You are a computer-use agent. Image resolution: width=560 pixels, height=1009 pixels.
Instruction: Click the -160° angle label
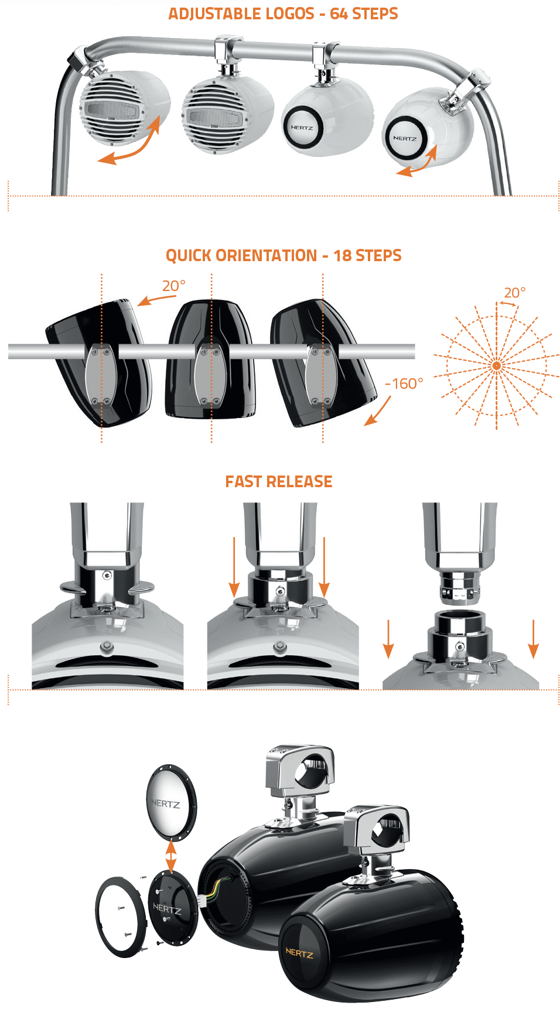[x=404, y=384]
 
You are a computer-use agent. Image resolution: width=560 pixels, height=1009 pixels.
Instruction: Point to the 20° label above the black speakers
[x=173, y=286]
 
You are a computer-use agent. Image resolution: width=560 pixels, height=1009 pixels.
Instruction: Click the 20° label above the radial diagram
[x=514, y=292]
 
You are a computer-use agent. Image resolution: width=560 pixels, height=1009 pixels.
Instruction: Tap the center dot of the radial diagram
[x=497, y=366]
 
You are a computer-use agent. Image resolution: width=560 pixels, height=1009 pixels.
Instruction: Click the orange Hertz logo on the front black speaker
[x=299, y=953]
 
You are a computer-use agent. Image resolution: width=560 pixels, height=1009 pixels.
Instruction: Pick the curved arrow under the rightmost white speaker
[x=417, y=162]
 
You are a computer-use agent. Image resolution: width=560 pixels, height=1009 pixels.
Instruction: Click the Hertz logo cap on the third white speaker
[x=302, y=127]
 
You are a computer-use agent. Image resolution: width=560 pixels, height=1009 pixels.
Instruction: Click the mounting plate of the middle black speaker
[x=211, y=377]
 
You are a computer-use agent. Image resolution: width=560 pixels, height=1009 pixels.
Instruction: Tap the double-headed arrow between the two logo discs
[x=170, y=856]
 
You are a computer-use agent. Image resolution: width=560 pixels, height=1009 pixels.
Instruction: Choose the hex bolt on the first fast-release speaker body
[x=107, y=647]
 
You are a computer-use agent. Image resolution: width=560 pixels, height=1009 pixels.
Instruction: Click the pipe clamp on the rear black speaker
[x=299, y=770]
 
